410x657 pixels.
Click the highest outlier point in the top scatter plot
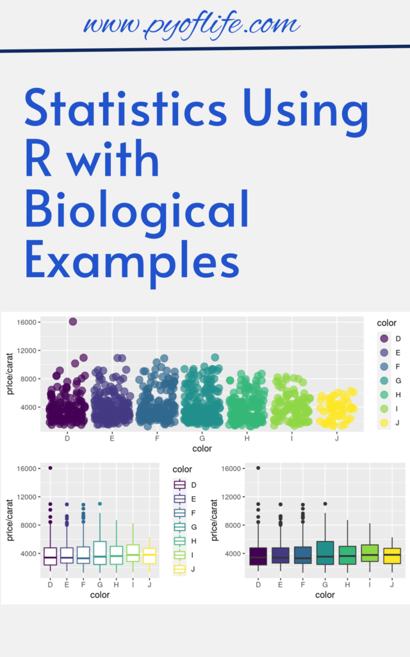pos(73,321)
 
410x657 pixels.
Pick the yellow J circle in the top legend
pos(384,422)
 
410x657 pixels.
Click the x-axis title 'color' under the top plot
pos(202,448)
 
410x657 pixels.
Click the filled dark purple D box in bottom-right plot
pos(259,556)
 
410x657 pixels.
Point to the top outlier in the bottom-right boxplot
pos(259,468)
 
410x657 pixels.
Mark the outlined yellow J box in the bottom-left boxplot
pos(149,556)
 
